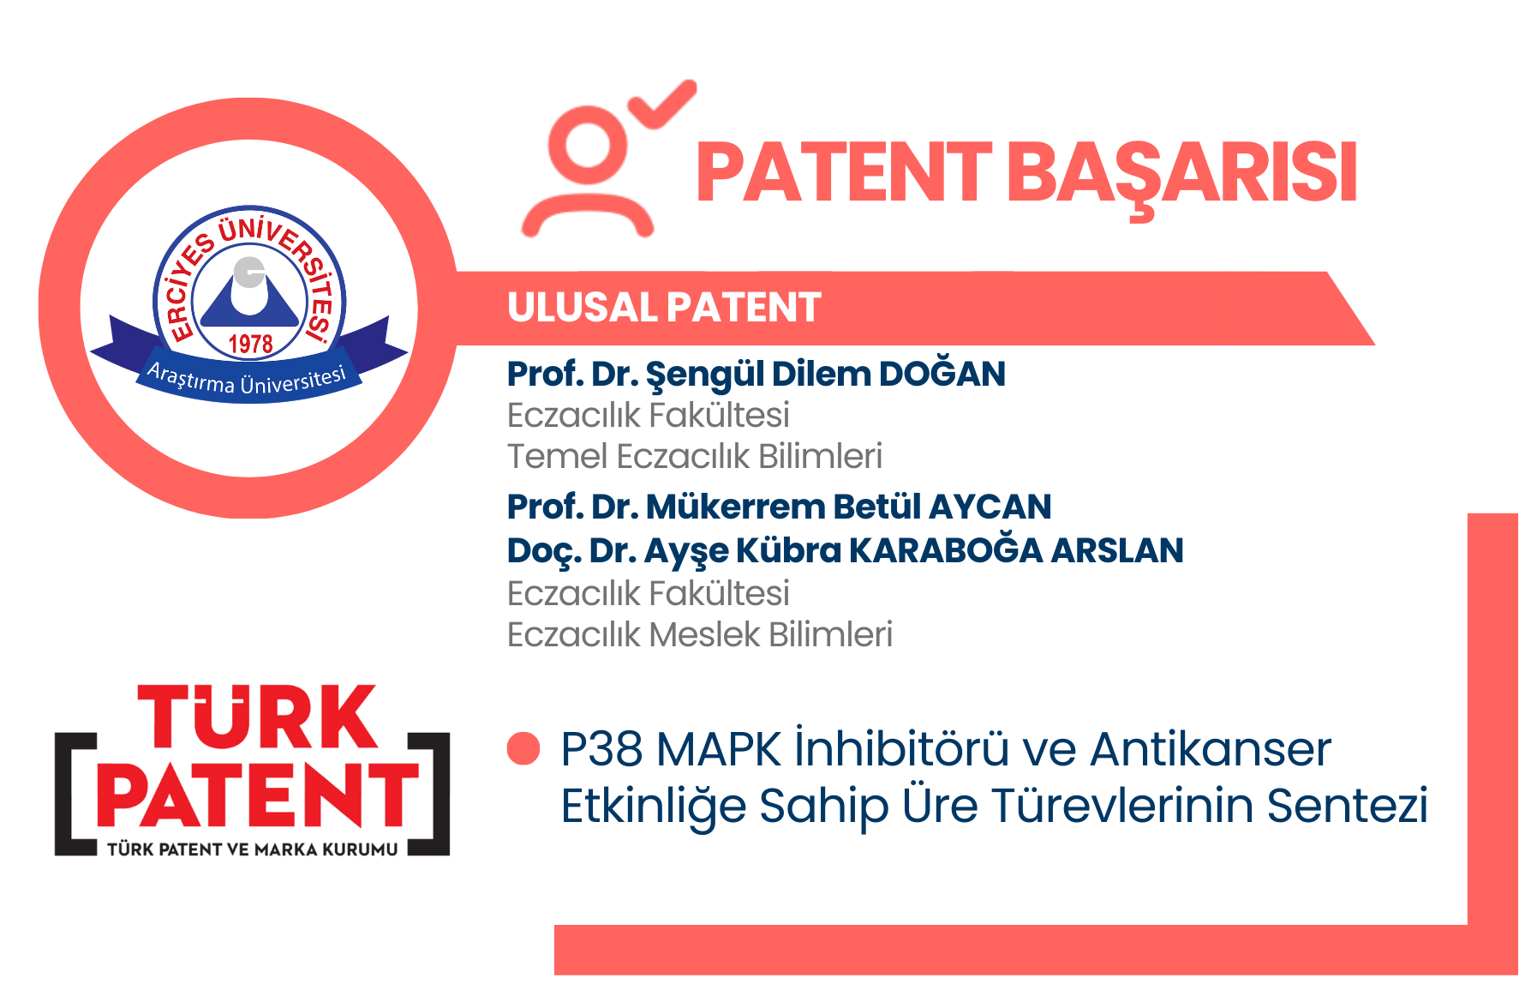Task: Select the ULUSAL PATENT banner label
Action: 664,308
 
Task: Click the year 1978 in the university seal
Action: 250,344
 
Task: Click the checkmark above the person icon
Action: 662,104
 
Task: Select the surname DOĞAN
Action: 942,373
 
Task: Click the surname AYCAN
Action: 990,507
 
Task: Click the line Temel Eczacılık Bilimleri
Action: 695,456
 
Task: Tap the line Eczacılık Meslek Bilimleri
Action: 700,634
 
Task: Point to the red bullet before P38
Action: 523,748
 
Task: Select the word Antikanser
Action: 1211,749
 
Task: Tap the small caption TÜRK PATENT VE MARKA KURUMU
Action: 253,849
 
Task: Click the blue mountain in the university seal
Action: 249,296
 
